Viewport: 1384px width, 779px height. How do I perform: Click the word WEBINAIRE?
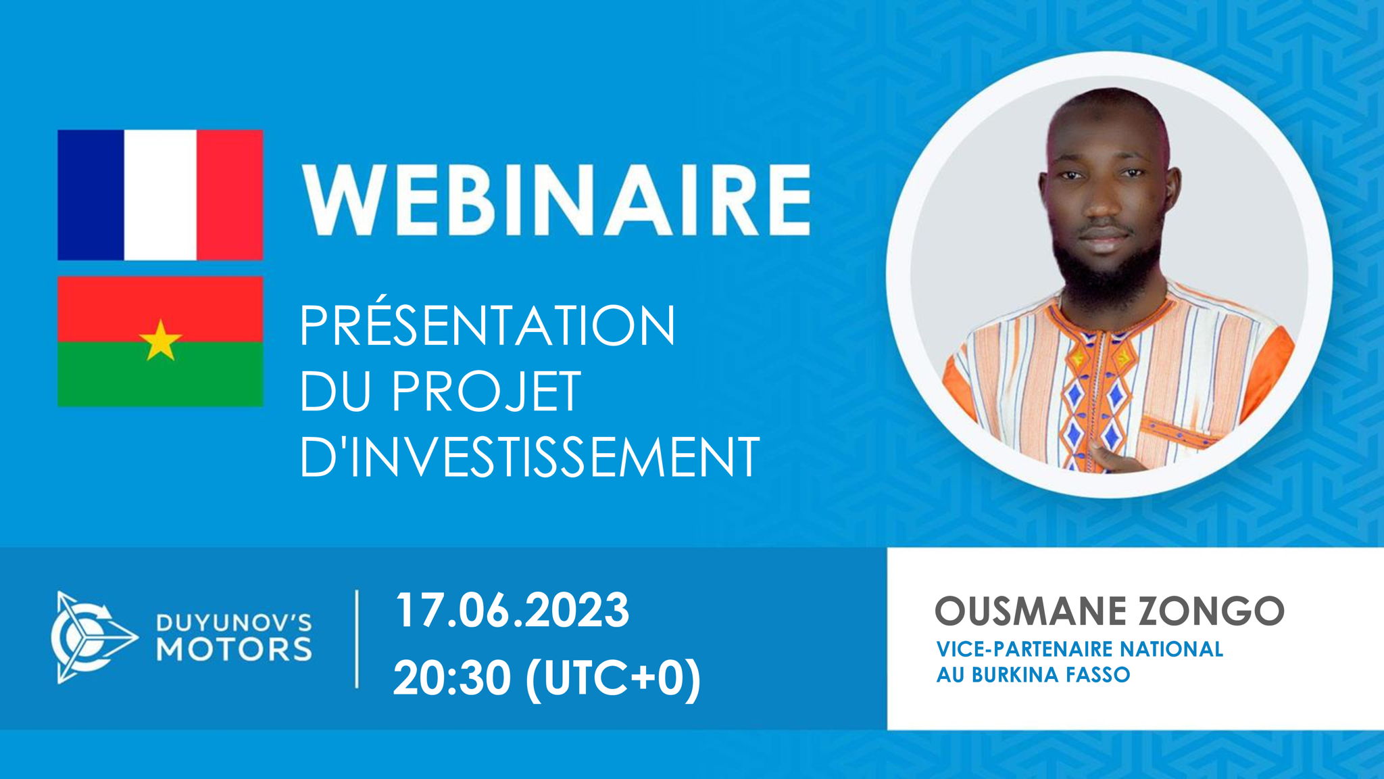click(555, 200)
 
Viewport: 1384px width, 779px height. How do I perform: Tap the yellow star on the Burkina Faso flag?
click(160, 340)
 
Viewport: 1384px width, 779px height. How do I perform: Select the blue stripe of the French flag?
click(91, 195)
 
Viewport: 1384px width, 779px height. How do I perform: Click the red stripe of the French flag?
click(230, 195)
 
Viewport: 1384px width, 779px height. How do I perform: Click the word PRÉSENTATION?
click(487, 326)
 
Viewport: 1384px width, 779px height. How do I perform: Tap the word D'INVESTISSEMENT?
click(529, 457)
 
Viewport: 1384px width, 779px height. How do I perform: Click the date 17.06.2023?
click(512, 611)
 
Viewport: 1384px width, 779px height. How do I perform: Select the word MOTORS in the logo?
click(234, 649)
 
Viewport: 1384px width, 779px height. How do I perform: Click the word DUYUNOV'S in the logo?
click(234, 622)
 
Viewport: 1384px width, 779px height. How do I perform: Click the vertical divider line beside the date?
click(357, 639)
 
